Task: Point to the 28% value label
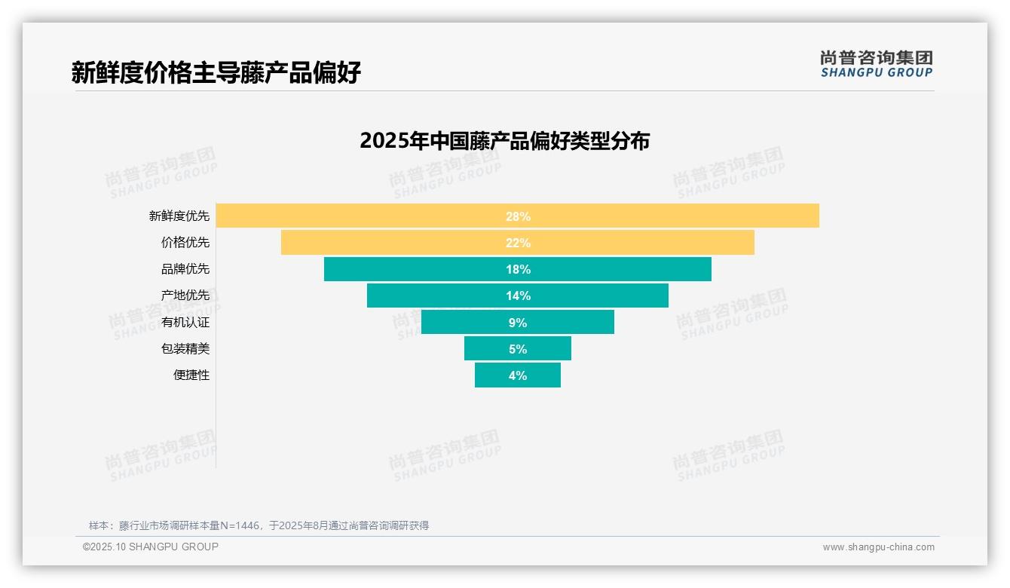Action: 518,216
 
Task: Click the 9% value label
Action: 518,323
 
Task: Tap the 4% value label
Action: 518,375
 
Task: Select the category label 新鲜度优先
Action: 179,216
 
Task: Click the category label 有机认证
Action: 185,322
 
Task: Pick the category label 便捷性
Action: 191,375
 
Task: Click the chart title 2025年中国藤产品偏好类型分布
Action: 504,141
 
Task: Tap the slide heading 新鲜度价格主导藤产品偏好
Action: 216,72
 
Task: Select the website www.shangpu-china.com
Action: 878,547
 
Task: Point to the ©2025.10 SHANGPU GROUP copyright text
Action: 151,547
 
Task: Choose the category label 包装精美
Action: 185,348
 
